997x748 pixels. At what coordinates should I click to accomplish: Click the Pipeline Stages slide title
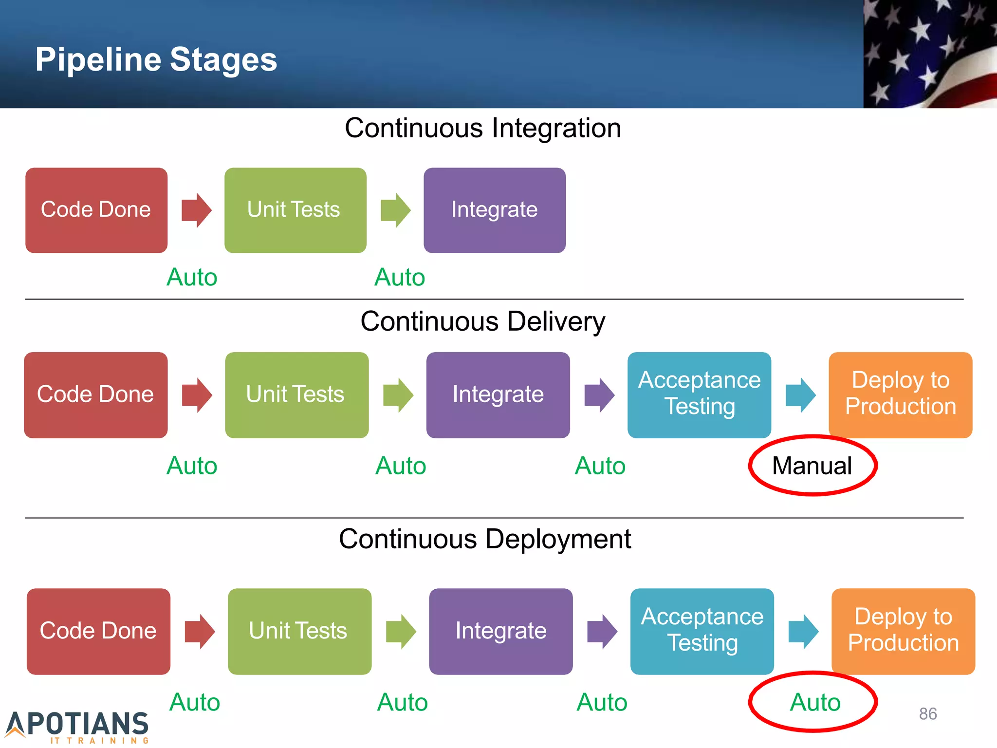tap(156, 59)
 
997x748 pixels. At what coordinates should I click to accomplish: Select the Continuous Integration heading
tap(482, 128)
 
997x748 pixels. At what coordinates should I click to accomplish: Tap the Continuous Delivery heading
tap(482, 321)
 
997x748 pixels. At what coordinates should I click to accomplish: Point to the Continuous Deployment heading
tap(484, 539)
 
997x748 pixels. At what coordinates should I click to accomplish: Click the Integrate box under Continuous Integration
tap(494, 210)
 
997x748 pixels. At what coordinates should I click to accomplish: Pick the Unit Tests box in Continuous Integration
tap(295, 210)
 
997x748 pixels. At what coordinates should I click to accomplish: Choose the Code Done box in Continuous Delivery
tap(95, 394)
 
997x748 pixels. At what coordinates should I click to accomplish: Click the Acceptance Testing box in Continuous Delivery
tap(699, 394)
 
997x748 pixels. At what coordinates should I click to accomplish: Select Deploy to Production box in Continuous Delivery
tap(900, 394)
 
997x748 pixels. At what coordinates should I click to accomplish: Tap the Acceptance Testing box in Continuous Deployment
tap(702, 631)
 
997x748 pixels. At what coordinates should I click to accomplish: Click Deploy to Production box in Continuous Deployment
tap(903, 631)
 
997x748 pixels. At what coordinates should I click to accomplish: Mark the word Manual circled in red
tap(812, 466)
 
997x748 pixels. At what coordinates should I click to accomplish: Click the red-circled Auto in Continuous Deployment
tap(815, 702)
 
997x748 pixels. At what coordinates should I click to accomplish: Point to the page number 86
tap(928, 713)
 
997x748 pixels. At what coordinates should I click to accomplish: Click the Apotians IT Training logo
tap(78, 727)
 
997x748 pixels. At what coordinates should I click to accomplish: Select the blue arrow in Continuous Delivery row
tap(800, 395)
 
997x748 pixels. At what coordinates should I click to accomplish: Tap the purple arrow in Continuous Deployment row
tap(602, 631)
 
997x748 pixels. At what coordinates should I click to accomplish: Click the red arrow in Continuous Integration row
tap(196, 210)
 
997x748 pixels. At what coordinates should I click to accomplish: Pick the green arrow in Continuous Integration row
tap(396, 210)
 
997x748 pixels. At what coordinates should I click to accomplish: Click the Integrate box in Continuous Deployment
tap(500, 631)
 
